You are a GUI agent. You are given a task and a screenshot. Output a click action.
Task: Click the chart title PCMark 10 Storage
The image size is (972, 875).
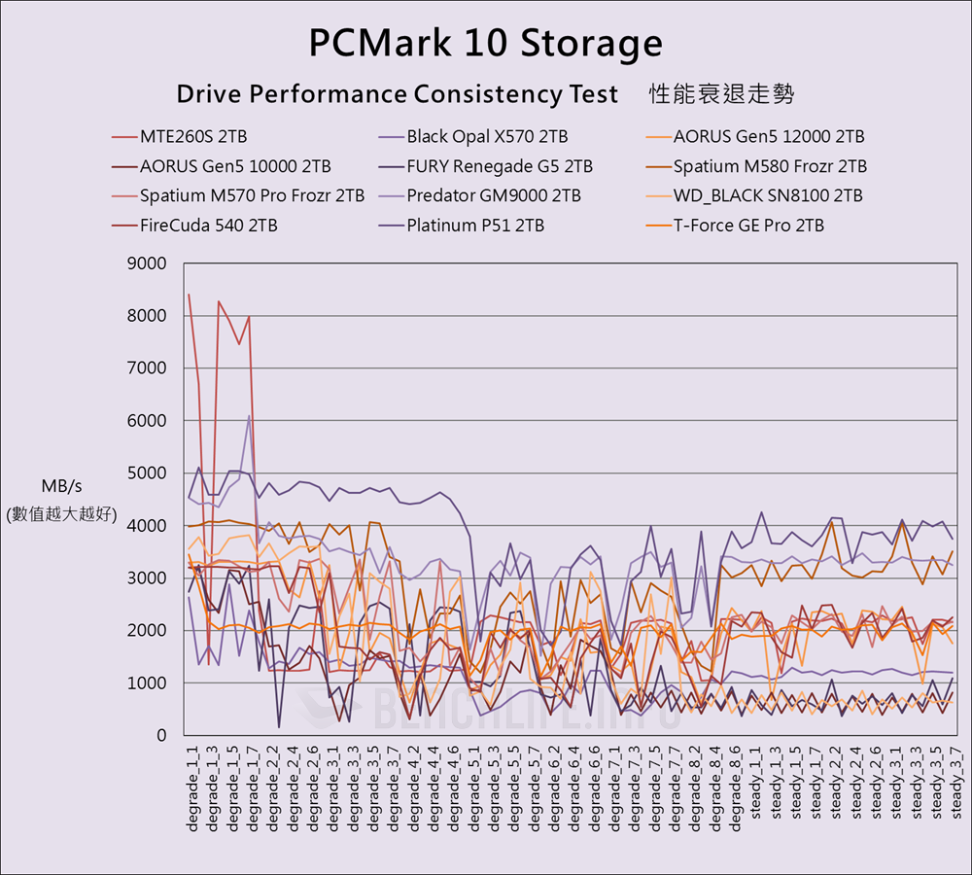(485, 43)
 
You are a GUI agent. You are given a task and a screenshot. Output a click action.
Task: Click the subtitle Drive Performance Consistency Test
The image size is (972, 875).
(397, 94)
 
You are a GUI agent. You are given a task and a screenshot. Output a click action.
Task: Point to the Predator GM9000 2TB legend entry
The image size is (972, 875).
(494, 195)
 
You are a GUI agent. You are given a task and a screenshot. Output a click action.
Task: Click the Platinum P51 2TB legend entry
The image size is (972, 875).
(475, 226)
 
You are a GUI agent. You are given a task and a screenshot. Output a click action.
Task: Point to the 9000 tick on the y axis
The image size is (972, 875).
(148, 263)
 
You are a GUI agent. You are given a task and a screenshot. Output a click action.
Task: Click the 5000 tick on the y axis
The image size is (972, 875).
(148, 473)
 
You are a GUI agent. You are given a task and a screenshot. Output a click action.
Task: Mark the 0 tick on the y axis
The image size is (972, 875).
(160, 736)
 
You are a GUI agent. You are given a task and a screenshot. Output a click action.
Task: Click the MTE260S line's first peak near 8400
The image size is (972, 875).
(189, 295)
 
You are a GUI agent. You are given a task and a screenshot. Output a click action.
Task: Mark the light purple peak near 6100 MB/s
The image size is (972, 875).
(250, 416)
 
